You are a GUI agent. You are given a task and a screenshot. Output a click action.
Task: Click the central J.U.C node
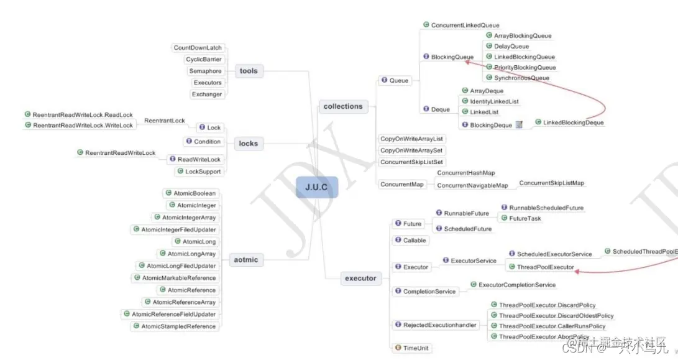(316, 187)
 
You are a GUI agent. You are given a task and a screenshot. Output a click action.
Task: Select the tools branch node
(248, 71)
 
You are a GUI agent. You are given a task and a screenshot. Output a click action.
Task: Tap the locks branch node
(248, 144)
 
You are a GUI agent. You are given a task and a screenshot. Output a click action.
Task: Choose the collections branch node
(342, 106)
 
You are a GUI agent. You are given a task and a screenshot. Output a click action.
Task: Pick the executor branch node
(360, 278)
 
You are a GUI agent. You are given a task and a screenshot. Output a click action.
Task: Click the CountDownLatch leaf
(198, 48)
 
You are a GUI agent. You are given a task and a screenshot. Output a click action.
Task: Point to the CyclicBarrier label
(204, 60)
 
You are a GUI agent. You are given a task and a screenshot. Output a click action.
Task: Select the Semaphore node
(205, 71)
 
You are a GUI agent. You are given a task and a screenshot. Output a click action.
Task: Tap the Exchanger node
(207, 95)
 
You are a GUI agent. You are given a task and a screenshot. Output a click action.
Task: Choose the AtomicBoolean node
(191, 193)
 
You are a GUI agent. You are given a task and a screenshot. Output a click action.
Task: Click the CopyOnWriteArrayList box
(412, 139)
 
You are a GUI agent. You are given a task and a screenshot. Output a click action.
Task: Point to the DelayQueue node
(511, 46)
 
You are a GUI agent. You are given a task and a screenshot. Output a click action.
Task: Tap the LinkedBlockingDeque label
(573, 122)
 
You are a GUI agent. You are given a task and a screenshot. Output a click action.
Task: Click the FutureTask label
(525, 218)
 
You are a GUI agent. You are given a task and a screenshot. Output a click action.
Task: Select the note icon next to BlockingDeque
(520, 125)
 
